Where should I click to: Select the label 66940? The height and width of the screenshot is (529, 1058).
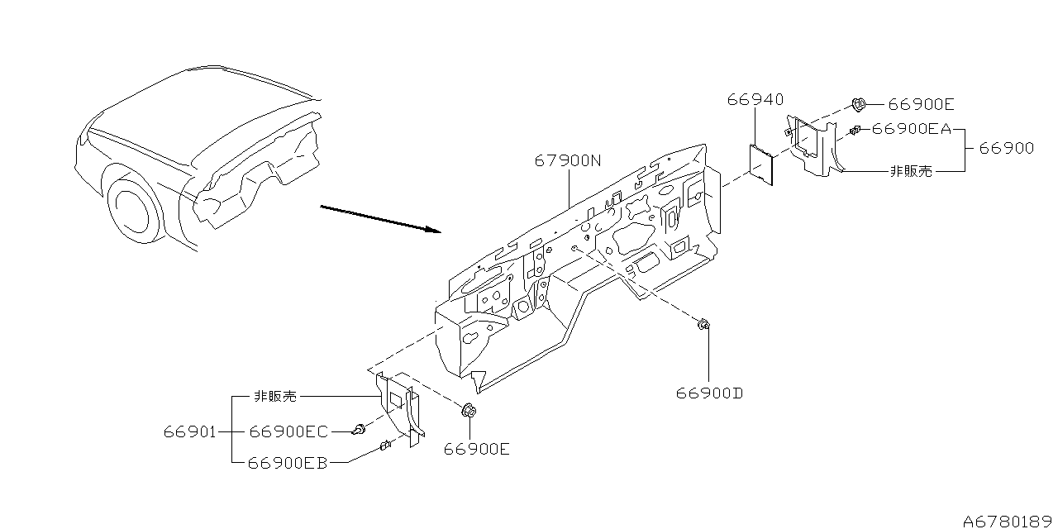pyautogui.click(x=755, y=99)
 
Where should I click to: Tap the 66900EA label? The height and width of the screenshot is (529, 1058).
pyautogui.click(x=913, y=128)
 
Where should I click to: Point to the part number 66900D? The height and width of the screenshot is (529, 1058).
pyautogui.click(x=710, y=393)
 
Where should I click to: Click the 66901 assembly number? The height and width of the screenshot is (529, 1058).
pyautogui.click(x=190, y=431)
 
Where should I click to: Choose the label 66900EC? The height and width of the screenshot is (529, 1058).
pyautogui.click(x=288, y=431)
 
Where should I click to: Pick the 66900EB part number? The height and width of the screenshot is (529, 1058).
pyautogui.click(x=287, y=463)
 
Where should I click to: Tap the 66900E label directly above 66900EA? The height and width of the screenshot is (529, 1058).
pyautogui.click(x=922, y=104)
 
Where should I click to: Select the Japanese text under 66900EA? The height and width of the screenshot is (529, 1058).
pyautogui.click(x=910, y=171)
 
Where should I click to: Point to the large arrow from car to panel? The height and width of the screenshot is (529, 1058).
pyautogui.click(x=380, y=219)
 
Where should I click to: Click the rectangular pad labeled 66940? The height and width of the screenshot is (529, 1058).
pyautogui.click(x=760, y=164)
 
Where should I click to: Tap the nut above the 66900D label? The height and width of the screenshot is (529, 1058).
pyautogui.click(x=703, y=325)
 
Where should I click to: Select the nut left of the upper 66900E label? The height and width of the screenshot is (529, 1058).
pyautogui.click(x=859, y=104)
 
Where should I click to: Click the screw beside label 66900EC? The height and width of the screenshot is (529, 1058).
pyautogui.click(x=360, y=428)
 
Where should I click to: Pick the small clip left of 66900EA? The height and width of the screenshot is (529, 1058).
pyautogui.click(x=855, y=129)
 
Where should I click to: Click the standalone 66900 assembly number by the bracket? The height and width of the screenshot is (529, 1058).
pyautogui.click(x=1006, y=149)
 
